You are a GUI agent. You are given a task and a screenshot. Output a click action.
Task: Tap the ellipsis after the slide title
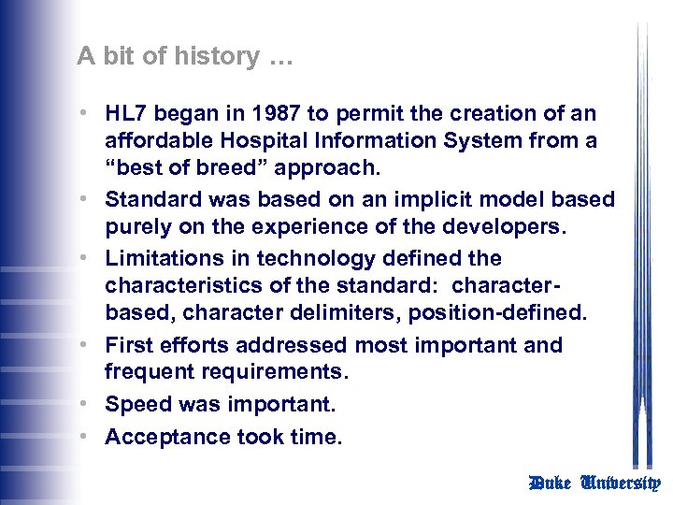[x=279, y=58]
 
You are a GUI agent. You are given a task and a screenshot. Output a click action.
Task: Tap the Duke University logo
[x=594, y=483]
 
